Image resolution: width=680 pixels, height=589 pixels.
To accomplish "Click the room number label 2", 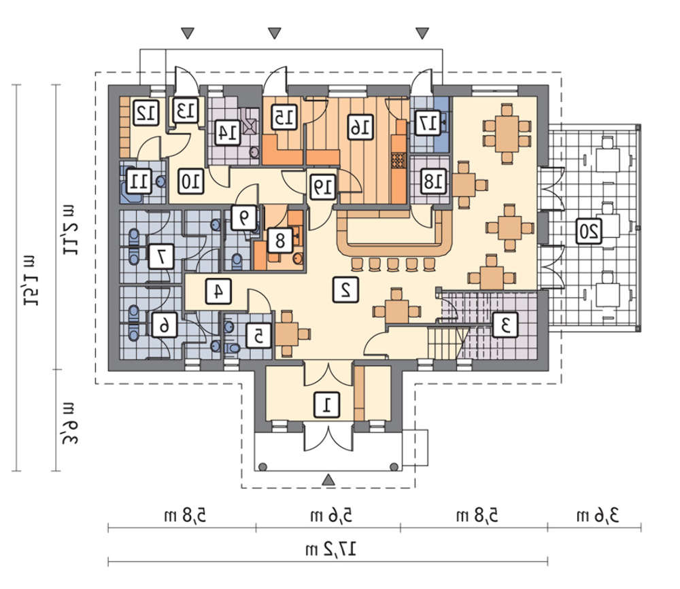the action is (345, 289).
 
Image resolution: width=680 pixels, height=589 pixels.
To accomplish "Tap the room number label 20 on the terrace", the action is (589, 230).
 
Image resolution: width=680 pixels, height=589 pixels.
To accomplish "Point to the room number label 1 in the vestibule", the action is (326, 406).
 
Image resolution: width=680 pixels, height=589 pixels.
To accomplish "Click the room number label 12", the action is (146, 113).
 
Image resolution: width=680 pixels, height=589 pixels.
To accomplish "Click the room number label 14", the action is (228, 132).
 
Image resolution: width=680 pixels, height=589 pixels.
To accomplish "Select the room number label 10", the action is (191, 181).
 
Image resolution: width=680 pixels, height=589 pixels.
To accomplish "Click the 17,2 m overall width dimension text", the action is (331, 550).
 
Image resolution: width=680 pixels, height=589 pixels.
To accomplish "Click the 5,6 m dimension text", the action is (331, 516).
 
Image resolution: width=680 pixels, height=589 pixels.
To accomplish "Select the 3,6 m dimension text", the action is (598, 516).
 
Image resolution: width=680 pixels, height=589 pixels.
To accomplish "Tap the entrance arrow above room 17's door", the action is (422, 33).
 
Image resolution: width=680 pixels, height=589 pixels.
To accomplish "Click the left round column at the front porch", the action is (262, 467).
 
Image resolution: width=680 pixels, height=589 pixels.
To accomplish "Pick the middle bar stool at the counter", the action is (392, 264).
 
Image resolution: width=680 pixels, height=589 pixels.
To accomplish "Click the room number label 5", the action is (258, 336).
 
